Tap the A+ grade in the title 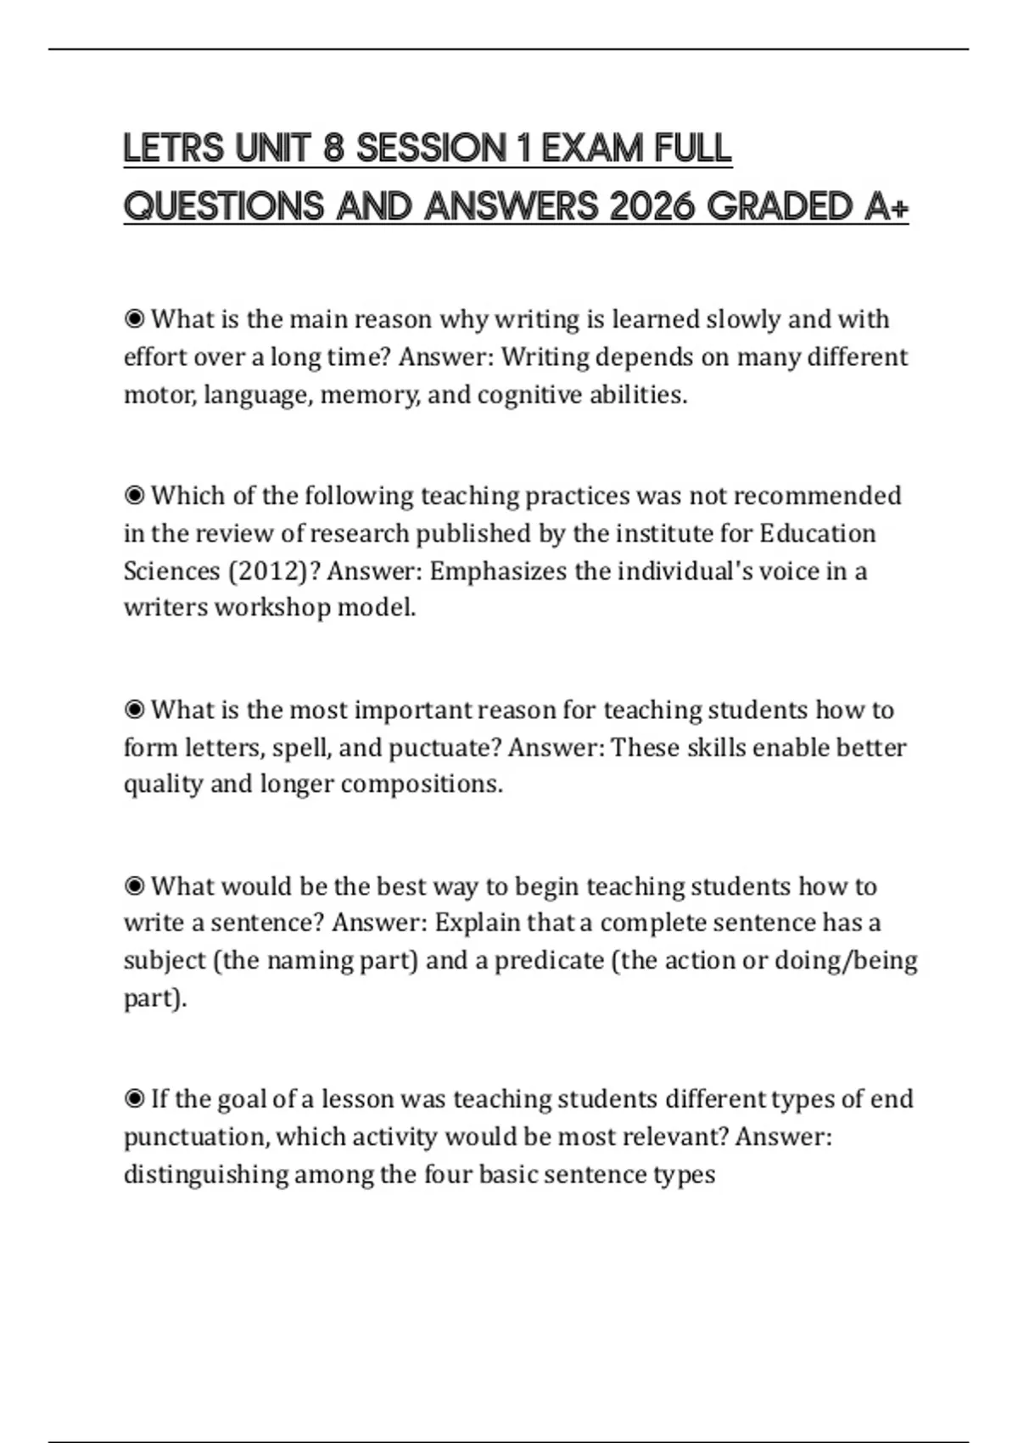(x=887, y=206)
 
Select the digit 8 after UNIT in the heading (x=333, y=149)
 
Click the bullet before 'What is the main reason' (x=134, y=319)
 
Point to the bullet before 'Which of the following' (x=134, y=495)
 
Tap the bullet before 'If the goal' (x=134, y=1099)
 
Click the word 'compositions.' (x=422, y=783)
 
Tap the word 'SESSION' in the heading (x=432, y=149)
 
